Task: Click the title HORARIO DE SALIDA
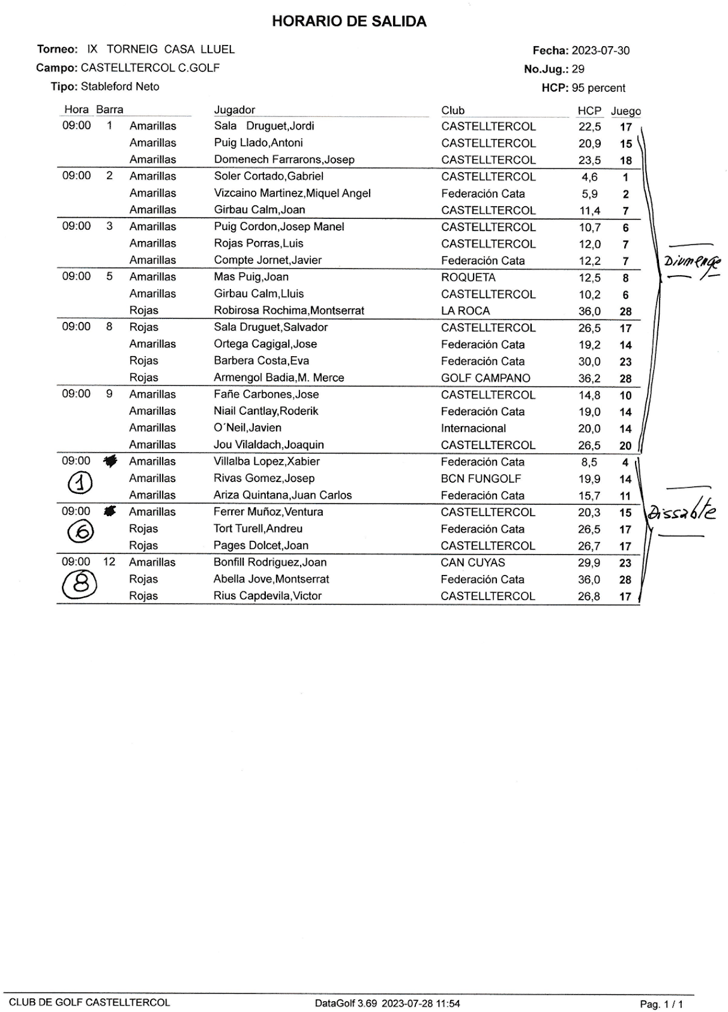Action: point(349,22)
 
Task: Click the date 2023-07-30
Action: point(600,51)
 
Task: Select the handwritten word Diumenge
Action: point(691,261)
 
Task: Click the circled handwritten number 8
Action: point(80,584)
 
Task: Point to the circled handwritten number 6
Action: point(80,532)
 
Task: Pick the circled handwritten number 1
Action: point(80,483)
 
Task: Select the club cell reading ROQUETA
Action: point(468,277)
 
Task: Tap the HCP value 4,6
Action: point(589,177)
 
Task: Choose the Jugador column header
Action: point(234,110)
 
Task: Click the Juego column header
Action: point(625,111)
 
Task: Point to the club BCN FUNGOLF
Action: point(481,479)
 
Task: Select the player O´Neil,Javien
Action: point(248,428)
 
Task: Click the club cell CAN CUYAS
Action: point(472,562)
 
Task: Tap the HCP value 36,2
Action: point(589,378)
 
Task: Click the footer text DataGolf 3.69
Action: point(345,1003)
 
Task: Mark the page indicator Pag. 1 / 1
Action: point(662,1004)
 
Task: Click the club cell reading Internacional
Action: point(474,428)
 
